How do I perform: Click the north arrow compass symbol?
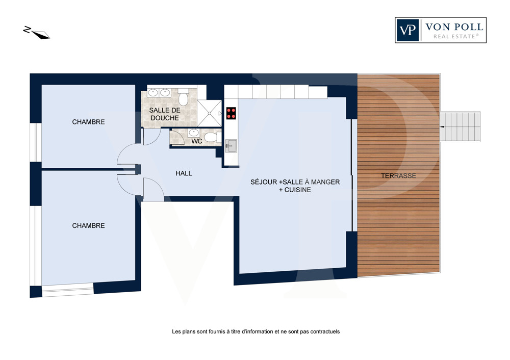click(36, 33)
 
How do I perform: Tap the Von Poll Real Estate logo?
click(441, 30)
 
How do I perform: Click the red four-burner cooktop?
click(231, 113)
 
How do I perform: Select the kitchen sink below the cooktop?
click(231, 146)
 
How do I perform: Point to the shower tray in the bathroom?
click(210, 113)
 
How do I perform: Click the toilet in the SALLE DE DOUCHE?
click(184, 96)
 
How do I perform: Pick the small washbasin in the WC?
click(194, 133)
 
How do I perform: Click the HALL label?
click(184, 173)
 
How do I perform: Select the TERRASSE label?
click(398, 175)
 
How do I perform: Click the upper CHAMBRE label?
click(88, 122)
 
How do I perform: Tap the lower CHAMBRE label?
click(88, 226)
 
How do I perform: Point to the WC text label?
click(197, 141)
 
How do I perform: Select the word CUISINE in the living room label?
click(298, 190)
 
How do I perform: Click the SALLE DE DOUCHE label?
click(165, 114)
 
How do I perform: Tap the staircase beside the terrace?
click(460, 127)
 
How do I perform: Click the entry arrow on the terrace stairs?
click(443, 127)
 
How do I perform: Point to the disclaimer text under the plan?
click(256, 332)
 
